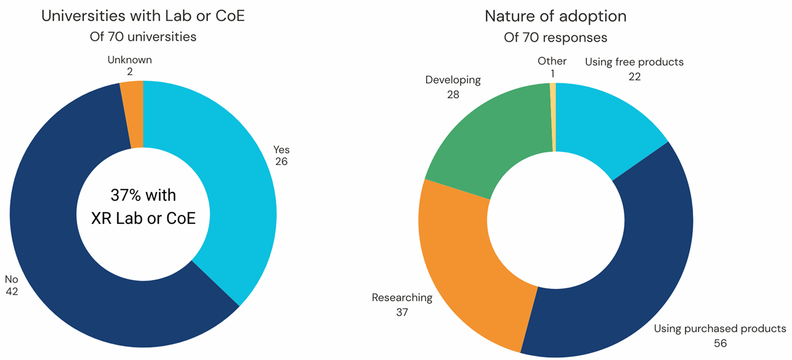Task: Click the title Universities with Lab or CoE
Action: pyautogui.click(x=143, y=16)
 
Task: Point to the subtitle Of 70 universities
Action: pyautogui.click(x=143, y=37)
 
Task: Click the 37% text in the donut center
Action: pyautogui.click(x=143, y=195)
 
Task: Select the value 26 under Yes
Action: pyautogui.click(x=281, y=161)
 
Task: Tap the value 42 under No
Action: pyautogui.click(x=12, y=291)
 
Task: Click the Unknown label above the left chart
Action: pyautogui.click(x=130, y=60)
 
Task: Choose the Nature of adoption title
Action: pyautogui.click(x=555, y=16)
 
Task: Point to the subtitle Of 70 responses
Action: pyautogui.click(x=555, y=38)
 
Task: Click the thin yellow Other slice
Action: pyautogui.click(x=553, y=117)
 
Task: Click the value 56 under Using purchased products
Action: pyautogui.click(x=720, y=343)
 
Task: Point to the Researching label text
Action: pyautogui.click(x=402, y=298)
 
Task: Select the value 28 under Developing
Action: pyautogui.click(x=453, y=95)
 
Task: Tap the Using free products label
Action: pyautogui.click(x=634, y=62)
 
